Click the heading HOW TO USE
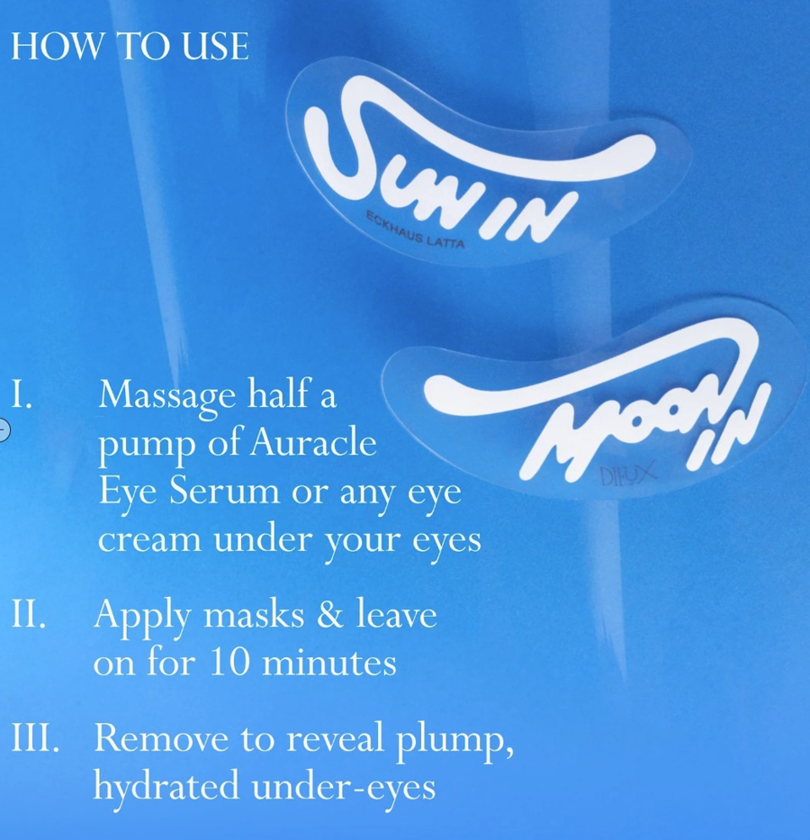(x=130, y=46)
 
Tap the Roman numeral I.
(x=22, y=395)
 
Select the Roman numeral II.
(x=29, y=614)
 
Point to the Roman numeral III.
(x=35, y=737)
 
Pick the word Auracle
(x=313, y=442)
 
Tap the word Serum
(x=225, y=491)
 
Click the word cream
(x=150, y=540)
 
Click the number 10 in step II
(x=229, y=662)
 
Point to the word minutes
(x=329, y=662)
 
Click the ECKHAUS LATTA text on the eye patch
(x=415, y=230)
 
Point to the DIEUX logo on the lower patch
(x=627, y=474)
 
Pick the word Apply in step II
(x=142, y=617)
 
